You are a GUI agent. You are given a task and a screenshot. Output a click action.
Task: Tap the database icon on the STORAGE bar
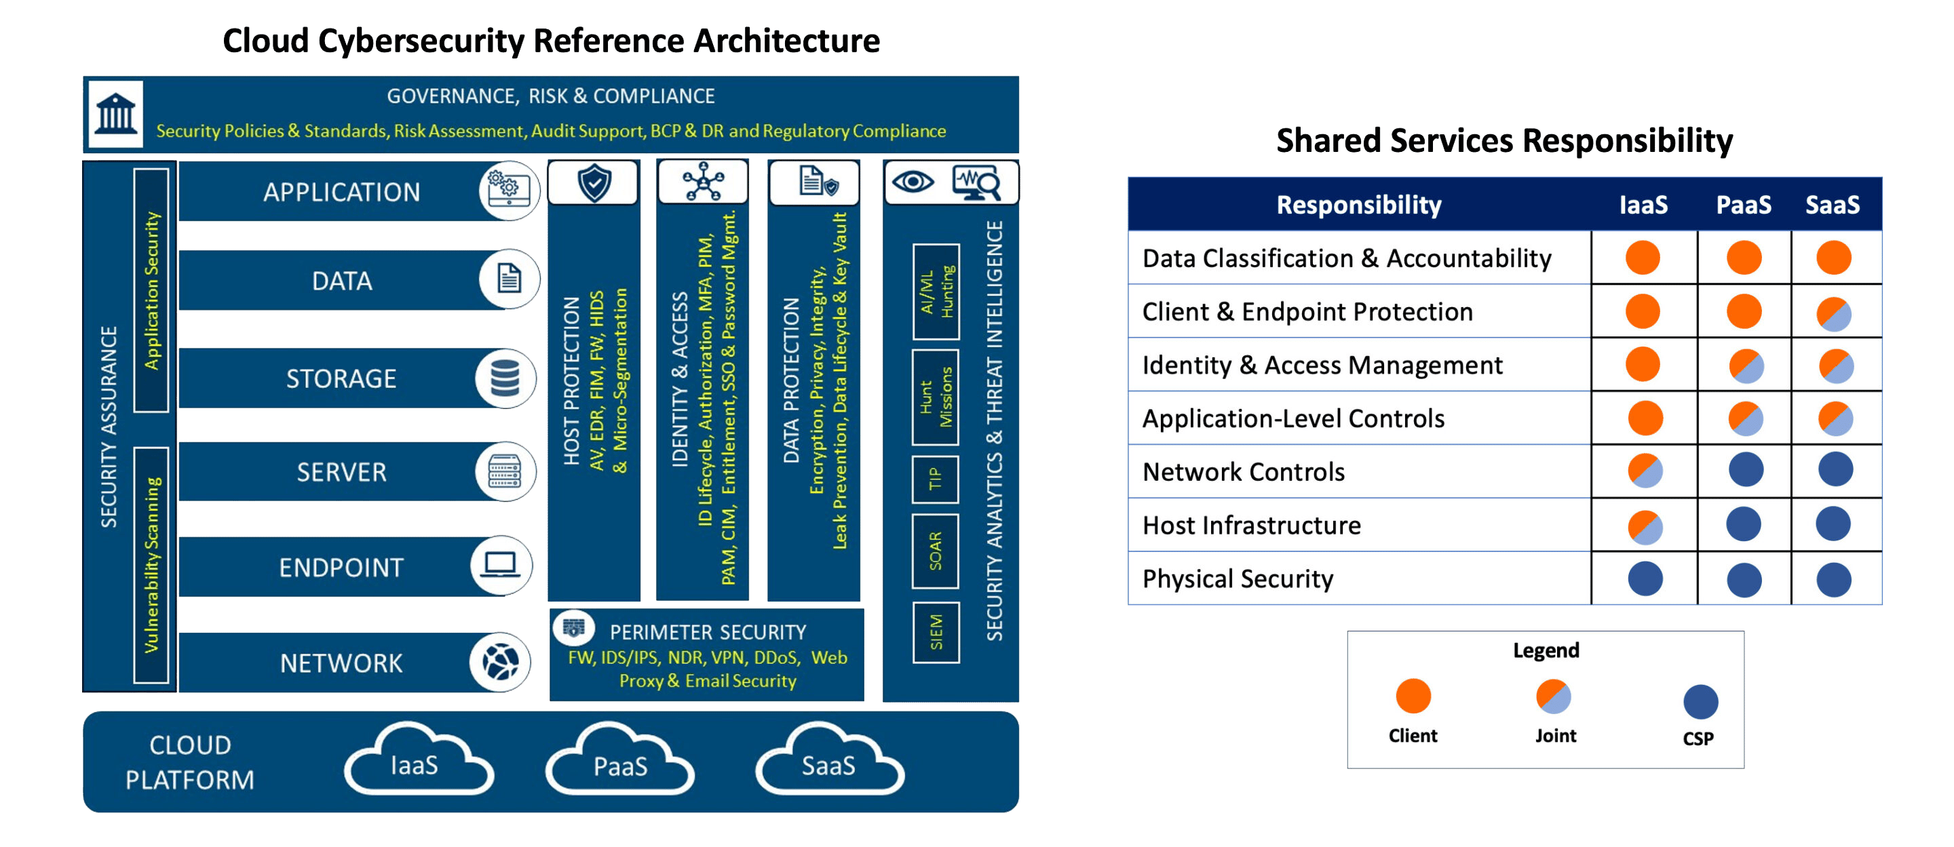click(x=505, y=378)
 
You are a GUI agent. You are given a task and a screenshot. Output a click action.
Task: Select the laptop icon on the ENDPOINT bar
click(x=501, y=565)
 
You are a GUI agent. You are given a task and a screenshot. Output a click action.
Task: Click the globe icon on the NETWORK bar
click(x=500, y=662)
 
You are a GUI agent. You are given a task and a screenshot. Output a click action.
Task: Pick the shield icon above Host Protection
click(x=594, y=182)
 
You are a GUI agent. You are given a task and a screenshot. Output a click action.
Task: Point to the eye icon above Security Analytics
click(x=913, y=182)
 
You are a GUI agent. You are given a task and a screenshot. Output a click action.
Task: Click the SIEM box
click(x=936, y=633)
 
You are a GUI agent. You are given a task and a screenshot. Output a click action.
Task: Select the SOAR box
click(x=936, y=551)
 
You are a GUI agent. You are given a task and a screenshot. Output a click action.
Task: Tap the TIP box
click(x=936, y=479)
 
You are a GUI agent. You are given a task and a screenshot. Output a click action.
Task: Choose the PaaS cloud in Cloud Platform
click(x=619, y=764)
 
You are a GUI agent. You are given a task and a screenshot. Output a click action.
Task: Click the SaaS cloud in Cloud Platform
click(x=829, y=764)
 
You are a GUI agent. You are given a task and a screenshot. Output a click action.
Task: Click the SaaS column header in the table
click(x=1833, y=205)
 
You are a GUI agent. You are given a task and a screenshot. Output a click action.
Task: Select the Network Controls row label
click(x=1244, y=472)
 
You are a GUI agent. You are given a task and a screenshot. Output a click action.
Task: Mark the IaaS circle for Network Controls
click(x=1645, y=470)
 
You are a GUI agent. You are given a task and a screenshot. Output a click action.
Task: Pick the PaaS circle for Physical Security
click(x=1744, y=580)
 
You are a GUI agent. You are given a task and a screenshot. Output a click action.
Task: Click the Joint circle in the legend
click(x=1554, y=696)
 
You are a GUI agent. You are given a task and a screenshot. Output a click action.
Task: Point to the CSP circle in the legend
click(x=1701, y=701)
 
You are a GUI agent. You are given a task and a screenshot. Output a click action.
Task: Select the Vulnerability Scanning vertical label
click(x=152, y=565)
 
